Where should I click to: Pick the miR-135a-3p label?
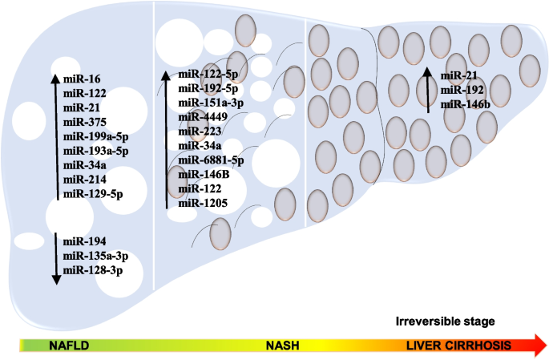click(x=95, y=256)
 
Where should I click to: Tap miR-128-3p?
click(x=91, y=270)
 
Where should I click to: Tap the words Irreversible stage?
click(x=445, y=322)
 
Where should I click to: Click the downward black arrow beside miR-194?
click(x=55, y=257)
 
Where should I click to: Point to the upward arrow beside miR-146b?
click(x=428, y=90)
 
